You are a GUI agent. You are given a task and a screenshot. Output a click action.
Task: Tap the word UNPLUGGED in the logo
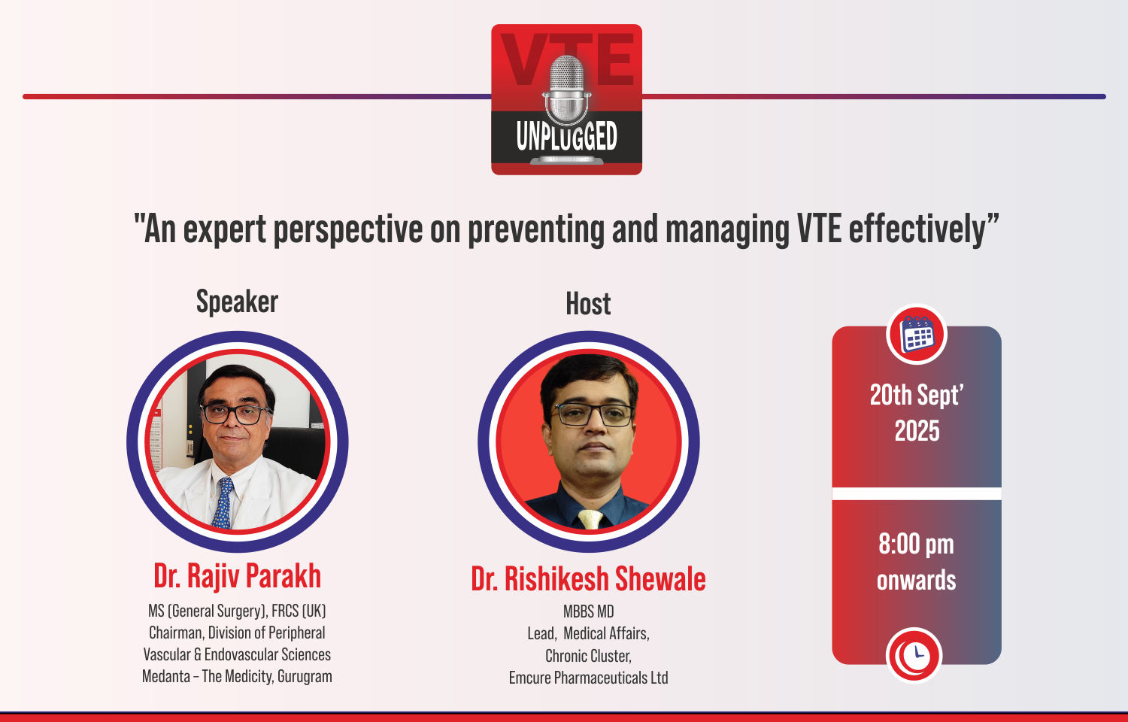click(x=566, y=136)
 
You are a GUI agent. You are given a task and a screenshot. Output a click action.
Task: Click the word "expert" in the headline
click(x=224, y=230)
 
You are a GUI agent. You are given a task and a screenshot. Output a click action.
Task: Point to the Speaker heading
click(x=237, y=302)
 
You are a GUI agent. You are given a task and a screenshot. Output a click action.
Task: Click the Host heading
click(x=588, y=304)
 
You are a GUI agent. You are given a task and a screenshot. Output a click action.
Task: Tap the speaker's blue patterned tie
click(x=223, y=503)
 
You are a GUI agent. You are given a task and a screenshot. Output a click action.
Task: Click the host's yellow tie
click(x=590, y=519)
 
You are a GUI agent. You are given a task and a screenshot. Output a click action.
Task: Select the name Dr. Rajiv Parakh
click(x=237, y=576)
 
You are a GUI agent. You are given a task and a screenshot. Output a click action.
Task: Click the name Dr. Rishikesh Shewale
click(x=588, y=579)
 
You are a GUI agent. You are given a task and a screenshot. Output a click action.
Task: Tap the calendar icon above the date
click(x=917, y=335)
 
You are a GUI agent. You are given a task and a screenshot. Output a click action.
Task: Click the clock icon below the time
click(x=914, y=655)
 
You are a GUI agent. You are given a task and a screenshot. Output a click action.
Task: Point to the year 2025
click(x=917, y=431)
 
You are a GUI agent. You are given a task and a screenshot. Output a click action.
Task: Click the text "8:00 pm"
click(x=916, y=545)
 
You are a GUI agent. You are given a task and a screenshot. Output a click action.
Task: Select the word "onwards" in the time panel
click(x=917, y=581)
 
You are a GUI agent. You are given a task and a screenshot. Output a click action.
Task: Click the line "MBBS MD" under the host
click(x=589, y=611)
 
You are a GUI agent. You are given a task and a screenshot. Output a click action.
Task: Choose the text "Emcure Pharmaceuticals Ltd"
click(x=589, y=678)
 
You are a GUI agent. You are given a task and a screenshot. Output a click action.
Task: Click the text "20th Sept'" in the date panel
click(x=917, y=396)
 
